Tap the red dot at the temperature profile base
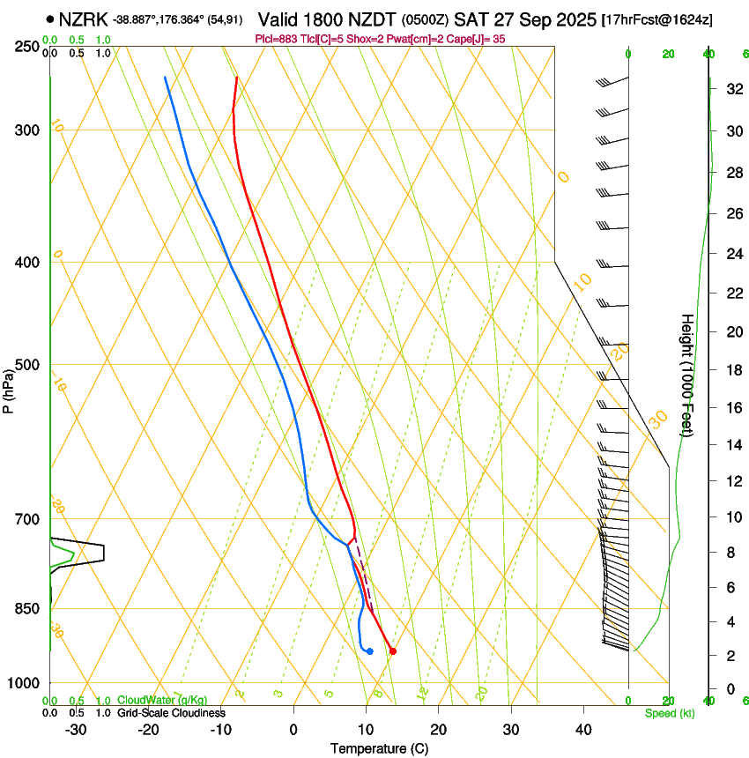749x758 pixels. coord(392,651)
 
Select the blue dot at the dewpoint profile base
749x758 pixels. coord(370,651)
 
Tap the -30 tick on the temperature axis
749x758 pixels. coord(76,729)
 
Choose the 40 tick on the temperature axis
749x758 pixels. coord(582,729)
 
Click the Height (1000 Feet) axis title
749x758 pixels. coord(688,375)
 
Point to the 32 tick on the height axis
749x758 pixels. coord(732,89)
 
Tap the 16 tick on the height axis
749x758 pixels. coord(732,408)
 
